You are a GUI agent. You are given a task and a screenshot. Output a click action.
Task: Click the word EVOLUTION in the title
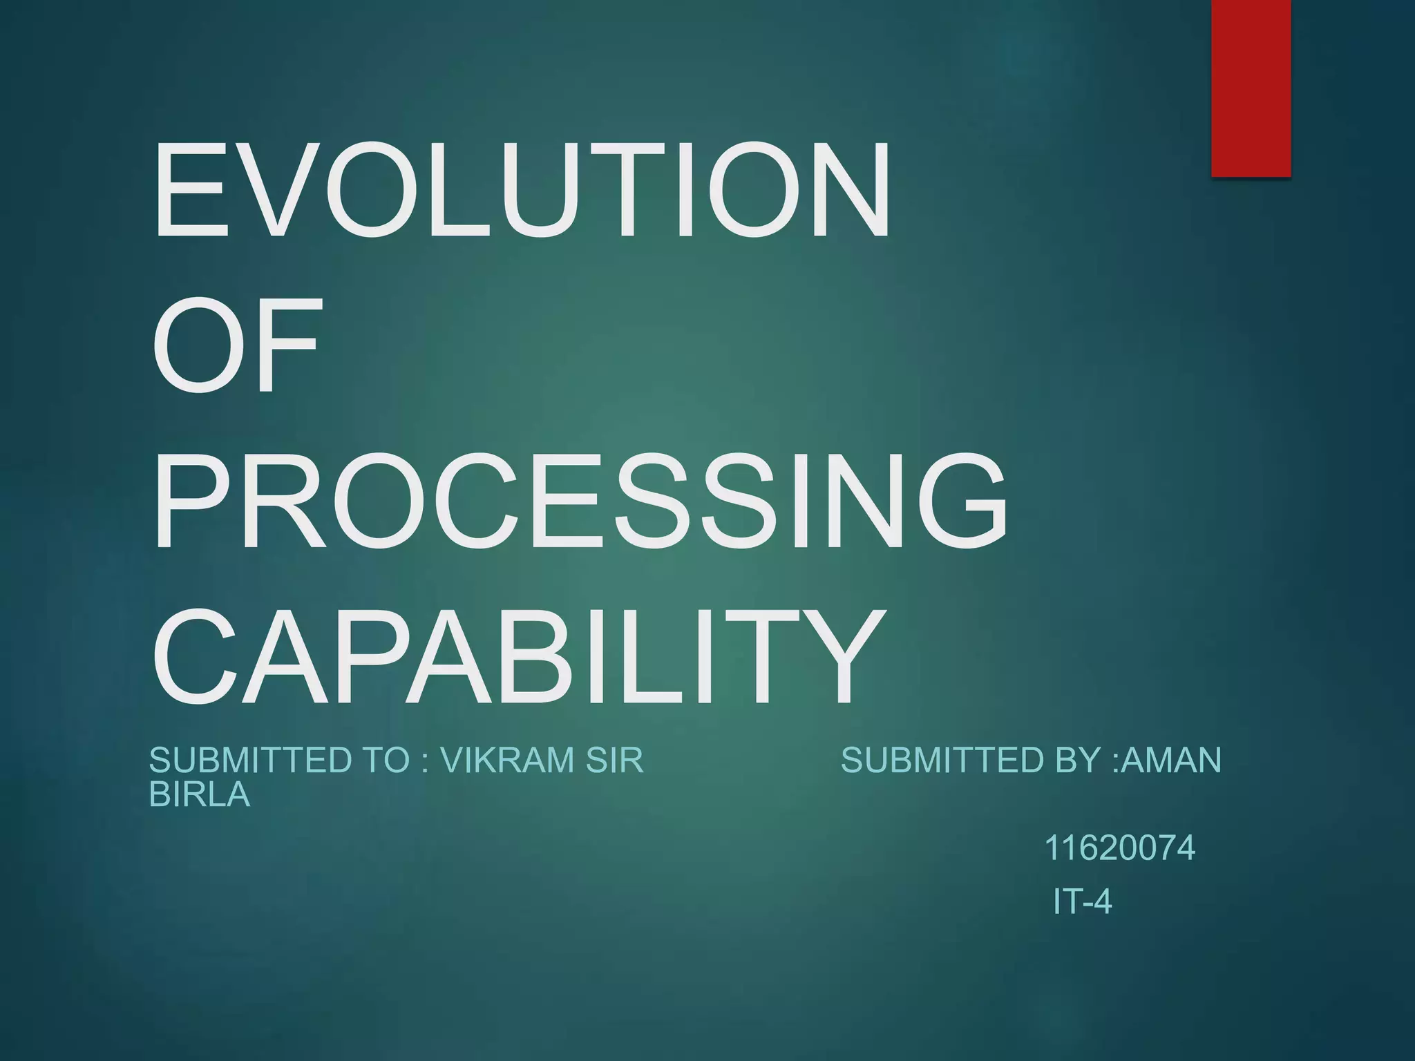522,189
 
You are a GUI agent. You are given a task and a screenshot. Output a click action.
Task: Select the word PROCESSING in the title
579,500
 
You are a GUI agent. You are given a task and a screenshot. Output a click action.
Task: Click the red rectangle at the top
1251,88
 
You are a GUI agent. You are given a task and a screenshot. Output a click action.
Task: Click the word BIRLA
200,795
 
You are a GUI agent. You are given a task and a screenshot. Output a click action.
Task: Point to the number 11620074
1119,848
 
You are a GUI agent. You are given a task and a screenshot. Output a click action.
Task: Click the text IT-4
1083,902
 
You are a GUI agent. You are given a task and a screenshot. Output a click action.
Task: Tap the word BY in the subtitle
1080,761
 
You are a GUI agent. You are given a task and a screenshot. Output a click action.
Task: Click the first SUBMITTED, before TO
249,761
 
